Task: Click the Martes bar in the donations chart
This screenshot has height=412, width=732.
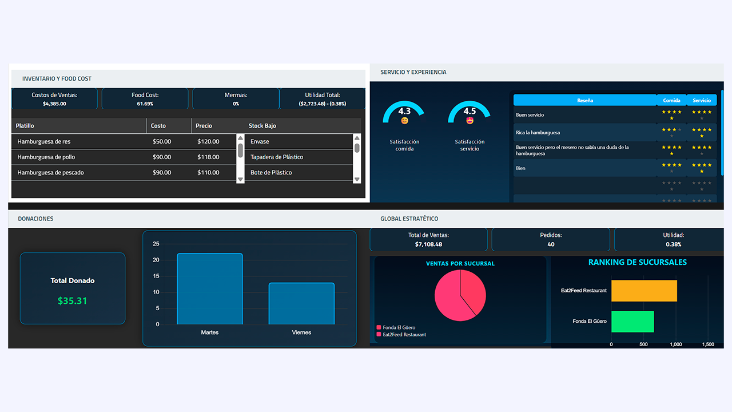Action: click(210, 289)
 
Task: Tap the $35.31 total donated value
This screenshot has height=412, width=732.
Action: click(73, 300)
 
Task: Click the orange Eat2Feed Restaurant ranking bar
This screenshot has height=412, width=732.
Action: click(644, 291)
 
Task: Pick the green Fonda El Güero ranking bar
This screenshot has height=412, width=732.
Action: click(632, 322)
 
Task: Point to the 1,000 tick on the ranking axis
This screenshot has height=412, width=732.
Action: click(676, 344)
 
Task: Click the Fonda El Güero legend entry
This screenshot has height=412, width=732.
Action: click(399, 328)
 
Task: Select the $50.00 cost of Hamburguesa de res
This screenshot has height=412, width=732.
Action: click(162, 141)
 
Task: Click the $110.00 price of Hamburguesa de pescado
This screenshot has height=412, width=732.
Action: click(208, 172)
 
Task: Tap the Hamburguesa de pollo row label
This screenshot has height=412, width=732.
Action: click(46, 157)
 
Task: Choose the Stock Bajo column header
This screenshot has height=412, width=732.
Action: click(262, 126)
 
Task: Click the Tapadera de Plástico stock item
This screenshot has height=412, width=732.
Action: click(277, 157)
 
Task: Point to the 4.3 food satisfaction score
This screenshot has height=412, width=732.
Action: click(404, 111)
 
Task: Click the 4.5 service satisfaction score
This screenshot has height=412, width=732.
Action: click(470, 111)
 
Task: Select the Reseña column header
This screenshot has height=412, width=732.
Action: click(584, 100)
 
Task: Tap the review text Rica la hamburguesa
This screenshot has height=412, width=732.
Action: click(538, 133)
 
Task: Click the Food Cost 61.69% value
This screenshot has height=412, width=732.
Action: click(145, 104)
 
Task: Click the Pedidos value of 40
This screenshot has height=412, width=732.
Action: click(551, 244)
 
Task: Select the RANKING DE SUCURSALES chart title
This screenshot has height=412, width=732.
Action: click(637, 263)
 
